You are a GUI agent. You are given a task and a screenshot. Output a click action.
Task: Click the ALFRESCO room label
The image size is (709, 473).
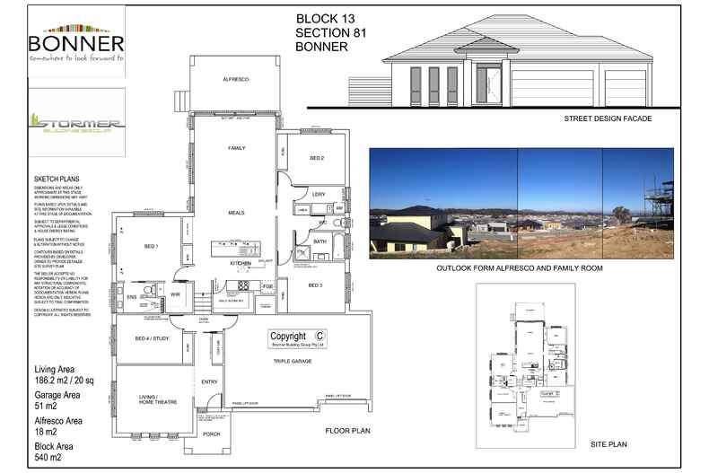click(x=235, y=80)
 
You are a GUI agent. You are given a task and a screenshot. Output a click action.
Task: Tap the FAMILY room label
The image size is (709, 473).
click(x=237, y=147)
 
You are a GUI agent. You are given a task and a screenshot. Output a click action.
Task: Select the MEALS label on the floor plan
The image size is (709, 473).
click(x=237, y=213)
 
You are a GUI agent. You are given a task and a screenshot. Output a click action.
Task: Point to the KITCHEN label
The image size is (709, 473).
click(x=240, y=263)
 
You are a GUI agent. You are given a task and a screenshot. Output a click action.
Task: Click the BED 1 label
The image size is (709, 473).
click(x=151, y=245)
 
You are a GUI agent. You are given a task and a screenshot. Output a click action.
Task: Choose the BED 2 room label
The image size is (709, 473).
click(x=316, y=158)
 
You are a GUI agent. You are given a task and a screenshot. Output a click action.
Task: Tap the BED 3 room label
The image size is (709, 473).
click(x=315, y=285)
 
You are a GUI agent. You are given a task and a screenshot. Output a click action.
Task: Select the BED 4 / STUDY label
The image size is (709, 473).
click(x=152, y=338)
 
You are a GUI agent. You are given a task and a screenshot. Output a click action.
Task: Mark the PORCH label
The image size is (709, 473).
click(x=212, y=434)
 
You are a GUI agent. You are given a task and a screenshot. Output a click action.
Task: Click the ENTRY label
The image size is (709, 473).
click(x=210, y=381)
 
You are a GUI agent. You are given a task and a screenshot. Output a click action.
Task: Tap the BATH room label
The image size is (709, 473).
click(x=320, y=241)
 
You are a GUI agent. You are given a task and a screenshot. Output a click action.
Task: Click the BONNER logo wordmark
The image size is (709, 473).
click(x=75, y=43)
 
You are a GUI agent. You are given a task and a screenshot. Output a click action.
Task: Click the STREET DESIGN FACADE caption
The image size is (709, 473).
click(x=607, y=118)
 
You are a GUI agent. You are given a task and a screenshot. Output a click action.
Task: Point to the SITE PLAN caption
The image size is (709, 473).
click(x=608, y=443)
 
